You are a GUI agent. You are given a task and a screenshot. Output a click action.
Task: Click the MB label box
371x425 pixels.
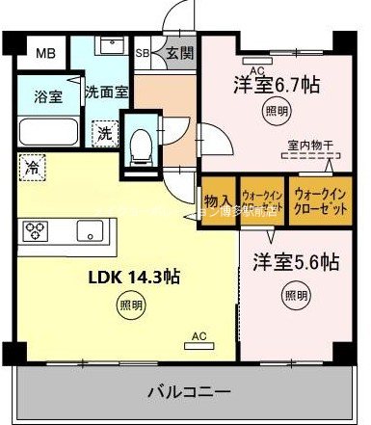pos(46,52)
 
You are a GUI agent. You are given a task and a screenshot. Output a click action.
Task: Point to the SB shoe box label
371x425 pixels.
pos(142,53)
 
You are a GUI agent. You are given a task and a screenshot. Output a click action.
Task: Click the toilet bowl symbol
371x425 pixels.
pos(140,145)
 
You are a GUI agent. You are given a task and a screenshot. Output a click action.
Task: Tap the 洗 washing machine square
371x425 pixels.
pos(102,133)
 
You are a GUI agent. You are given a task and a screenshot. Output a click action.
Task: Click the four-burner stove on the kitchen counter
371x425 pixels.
pos(37,229)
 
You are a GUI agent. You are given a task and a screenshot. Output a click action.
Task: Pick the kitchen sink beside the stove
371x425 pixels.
pos(89,229)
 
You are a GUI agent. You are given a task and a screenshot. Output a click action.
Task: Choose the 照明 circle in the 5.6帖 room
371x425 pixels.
pos(296,294)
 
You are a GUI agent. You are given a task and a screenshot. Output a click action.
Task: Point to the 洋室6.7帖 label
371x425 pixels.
pos(277,83)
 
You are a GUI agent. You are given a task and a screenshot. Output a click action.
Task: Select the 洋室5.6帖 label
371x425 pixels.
pos(296,260)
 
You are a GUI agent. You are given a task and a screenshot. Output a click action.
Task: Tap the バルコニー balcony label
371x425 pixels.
pos(188,392)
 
